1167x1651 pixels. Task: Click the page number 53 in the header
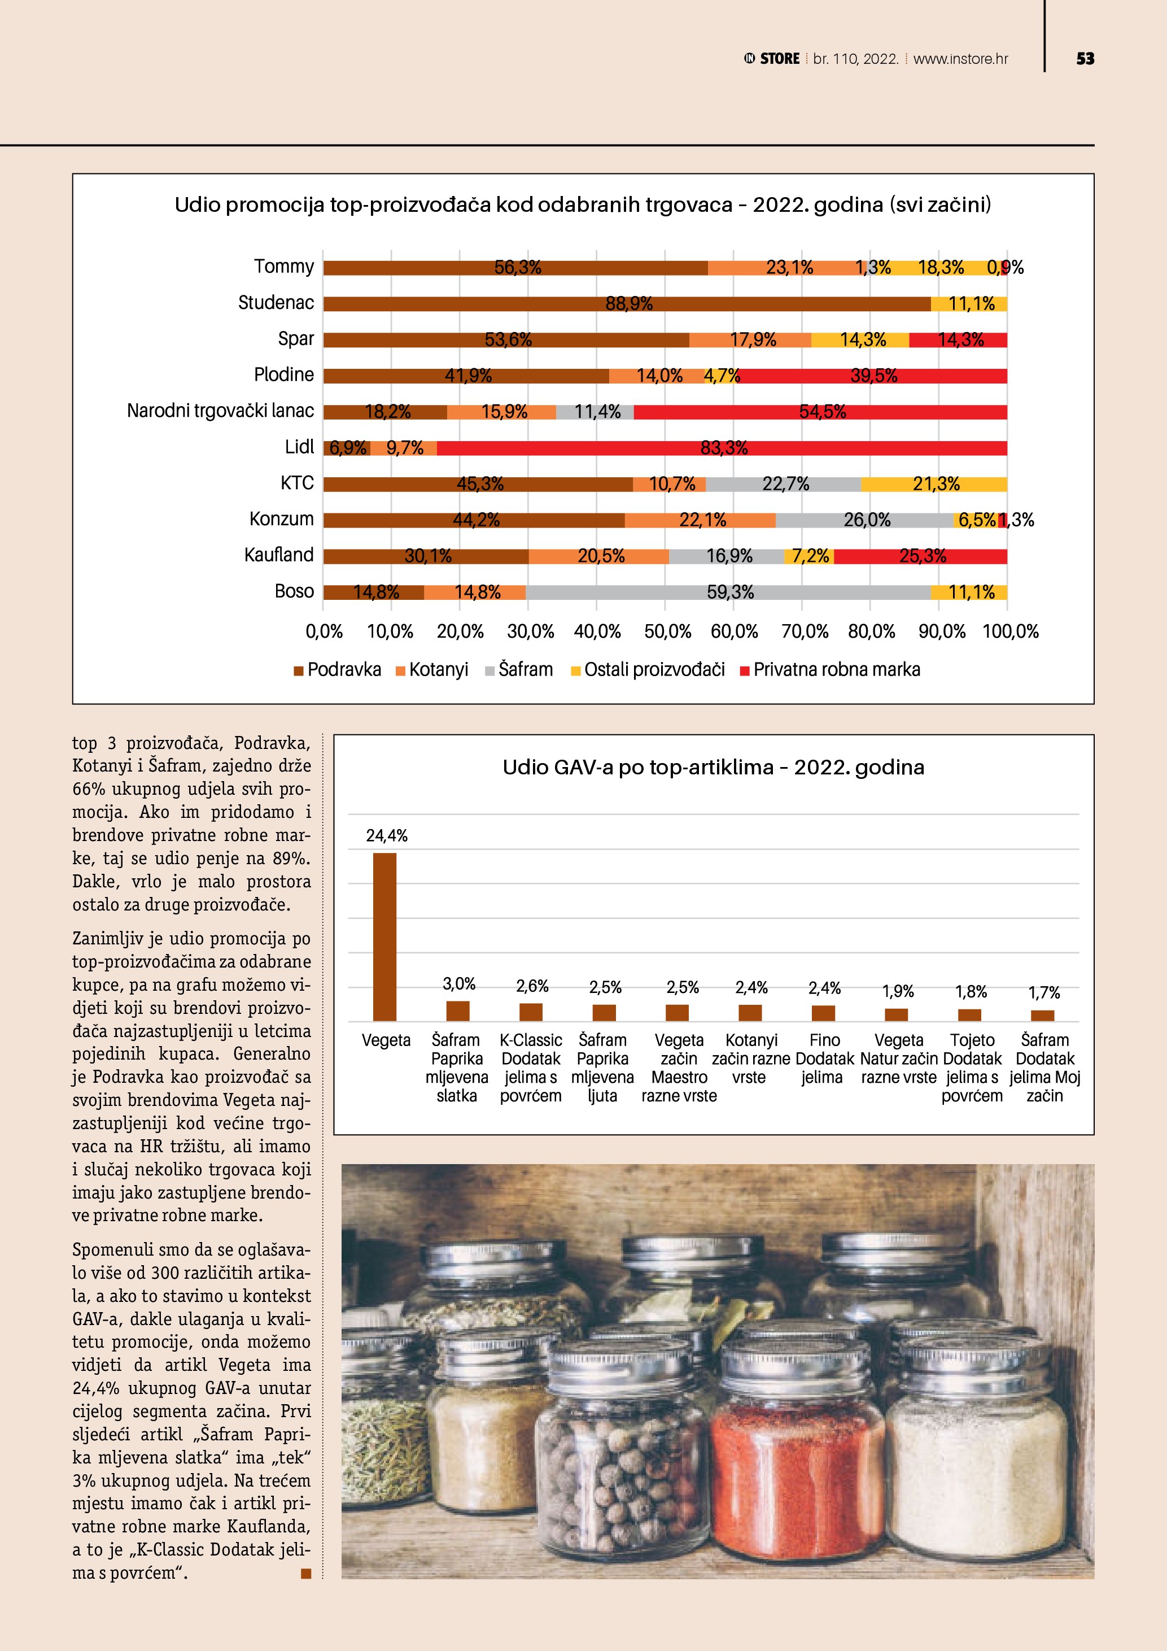tap(1085, 59)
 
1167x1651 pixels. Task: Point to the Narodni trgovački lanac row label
tap(220, 411)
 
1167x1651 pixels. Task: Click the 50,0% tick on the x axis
tap(667, 631)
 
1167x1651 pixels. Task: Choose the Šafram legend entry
tap(519, 669)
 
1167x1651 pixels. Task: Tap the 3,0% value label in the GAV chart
tap(458, 984)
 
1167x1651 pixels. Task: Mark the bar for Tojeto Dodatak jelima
tap(970, 1014)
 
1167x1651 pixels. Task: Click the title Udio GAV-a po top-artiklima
tap(713, 767)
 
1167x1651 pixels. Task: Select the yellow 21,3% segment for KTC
tap(934, 484)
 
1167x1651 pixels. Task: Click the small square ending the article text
tap(306, 1574)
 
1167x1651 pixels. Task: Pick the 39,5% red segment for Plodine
tap(873, 376)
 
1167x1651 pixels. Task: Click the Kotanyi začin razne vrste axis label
tap(751, 1058)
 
